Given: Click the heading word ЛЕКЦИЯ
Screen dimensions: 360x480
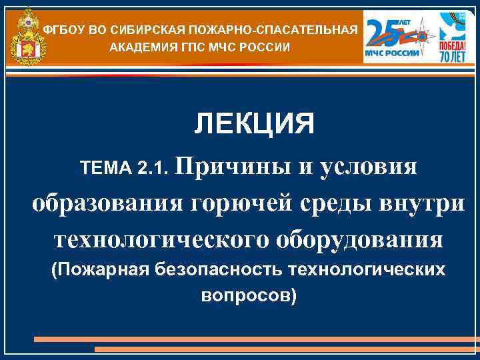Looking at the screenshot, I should coord(254,124).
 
